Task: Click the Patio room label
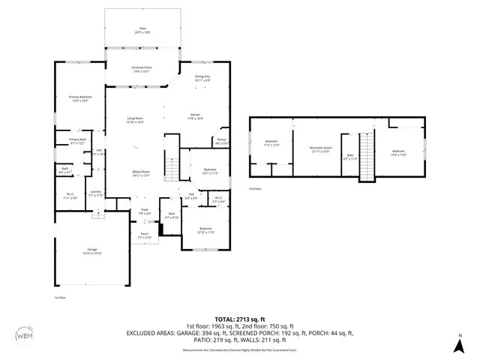coord(142,31)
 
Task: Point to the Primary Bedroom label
coord(79,98)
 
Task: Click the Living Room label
coord(134,119)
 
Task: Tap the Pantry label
coord(221,141)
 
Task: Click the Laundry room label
coord(95,193)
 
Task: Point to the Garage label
coord(92,251)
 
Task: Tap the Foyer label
coord(144,211)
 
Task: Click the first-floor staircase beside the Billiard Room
coord(172,170)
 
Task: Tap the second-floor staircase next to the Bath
coord(367,157)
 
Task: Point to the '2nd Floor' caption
coord(255,189)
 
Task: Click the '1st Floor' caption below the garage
coord(61,297)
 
